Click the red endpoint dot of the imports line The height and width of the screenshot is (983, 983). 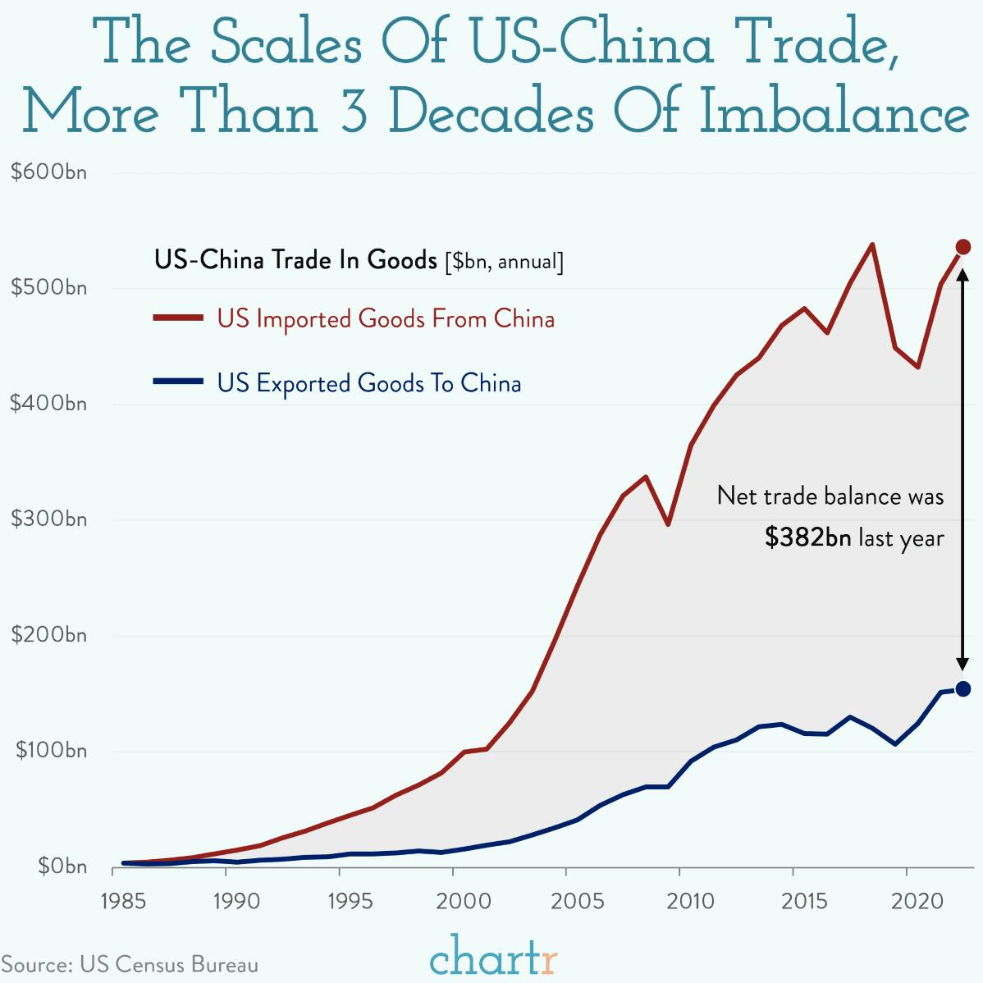click(963, 247)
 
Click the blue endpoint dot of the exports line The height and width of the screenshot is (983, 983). click(963, 689)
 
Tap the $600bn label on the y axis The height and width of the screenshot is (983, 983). click(48, 172)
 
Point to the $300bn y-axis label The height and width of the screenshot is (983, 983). click(48, 519)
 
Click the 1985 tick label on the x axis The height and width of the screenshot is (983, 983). click(123, 902)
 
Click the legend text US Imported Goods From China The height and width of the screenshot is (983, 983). click(386, 318)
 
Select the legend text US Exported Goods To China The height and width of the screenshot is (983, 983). click(369, 383)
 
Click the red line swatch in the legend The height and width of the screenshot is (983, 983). click(177, 317)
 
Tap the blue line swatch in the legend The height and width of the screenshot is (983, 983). click(177, 381)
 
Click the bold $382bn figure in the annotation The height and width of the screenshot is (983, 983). click(807, 537)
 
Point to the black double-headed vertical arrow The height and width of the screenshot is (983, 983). click(963, 468)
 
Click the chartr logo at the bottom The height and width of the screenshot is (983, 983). click(493, 955)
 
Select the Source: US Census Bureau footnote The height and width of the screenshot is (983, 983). click(130, 964)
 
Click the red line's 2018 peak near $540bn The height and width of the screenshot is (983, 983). click(871, 245)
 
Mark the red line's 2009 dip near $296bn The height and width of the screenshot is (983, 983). click(668, 524)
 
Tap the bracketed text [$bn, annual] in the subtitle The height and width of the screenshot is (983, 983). click(503, 262)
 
